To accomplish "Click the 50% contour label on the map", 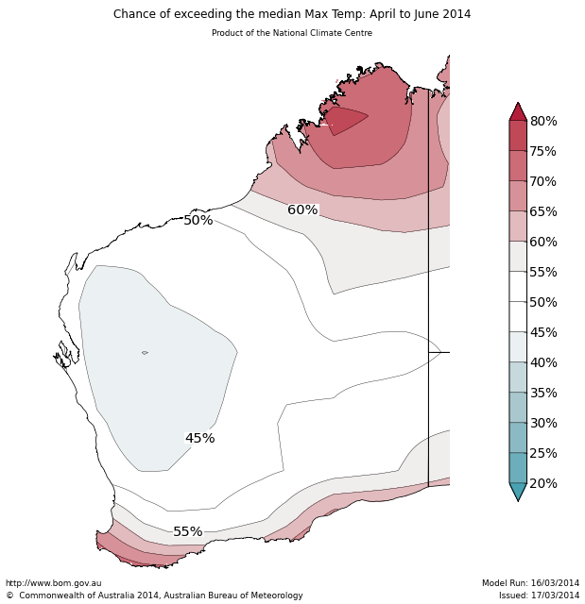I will [198, 221].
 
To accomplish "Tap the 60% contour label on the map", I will [302, 210].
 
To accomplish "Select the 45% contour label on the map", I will [199, 439].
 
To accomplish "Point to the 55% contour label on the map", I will [187, 532].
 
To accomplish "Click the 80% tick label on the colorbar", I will [543, 122].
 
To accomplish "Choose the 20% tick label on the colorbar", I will [543, 484].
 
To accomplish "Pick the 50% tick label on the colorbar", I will [543, 303].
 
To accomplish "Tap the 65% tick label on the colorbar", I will [543, 212].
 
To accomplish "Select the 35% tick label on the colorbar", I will [543, 394].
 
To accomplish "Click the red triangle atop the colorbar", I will [518, 112].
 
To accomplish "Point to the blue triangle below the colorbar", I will [518, 491].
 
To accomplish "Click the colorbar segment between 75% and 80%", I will [518, 136].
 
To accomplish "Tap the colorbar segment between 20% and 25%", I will [518, 468].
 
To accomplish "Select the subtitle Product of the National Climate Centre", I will [292, 33].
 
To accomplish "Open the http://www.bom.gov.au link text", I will [53, 583].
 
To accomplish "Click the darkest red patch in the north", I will [344, 120].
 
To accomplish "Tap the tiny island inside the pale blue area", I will [145, 353].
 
